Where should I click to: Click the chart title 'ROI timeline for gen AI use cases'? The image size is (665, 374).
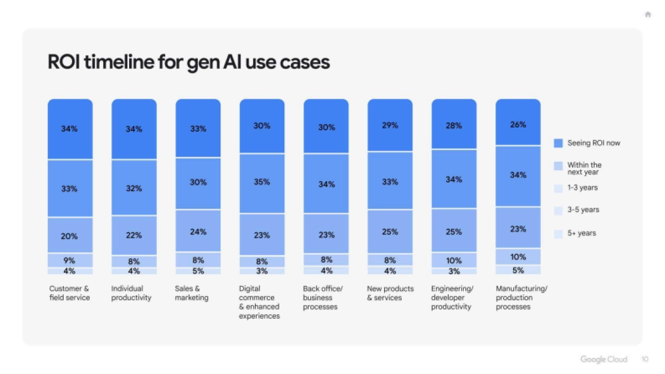click(188, 62)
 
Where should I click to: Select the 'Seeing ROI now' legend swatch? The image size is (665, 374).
click(558, 143)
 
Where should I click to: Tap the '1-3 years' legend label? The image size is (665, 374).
click(582, 188)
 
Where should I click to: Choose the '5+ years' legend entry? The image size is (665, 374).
click(581, 233)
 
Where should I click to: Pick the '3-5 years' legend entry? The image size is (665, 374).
click(582, 210)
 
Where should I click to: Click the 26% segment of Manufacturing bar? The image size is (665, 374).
click(518, 124)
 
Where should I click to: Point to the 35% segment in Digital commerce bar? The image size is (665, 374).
click(262, 182)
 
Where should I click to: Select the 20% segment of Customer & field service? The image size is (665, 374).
click(70, 235)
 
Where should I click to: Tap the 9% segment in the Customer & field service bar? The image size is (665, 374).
click(70, 260)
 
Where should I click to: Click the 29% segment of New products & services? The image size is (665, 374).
click(390, 126)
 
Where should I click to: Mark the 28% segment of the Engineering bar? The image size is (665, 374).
click(454, 126)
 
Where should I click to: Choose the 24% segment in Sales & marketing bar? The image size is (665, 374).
click(198, 232)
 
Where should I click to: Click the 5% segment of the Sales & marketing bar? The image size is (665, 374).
click(198, 271)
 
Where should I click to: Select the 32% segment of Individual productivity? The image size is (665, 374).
click(134, 188)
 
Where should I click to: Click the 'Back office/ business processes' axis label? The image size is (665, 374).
click(323, 298)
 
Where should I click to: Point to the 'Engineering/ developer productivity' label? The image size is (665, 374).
click(452, 298)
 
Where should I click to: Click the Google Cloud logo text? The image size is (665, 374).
click(603, 359)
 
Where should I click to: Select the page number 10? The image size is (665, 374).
click(644, 359)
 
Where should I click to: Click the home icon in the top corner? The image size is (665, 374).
click(647, 15)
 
